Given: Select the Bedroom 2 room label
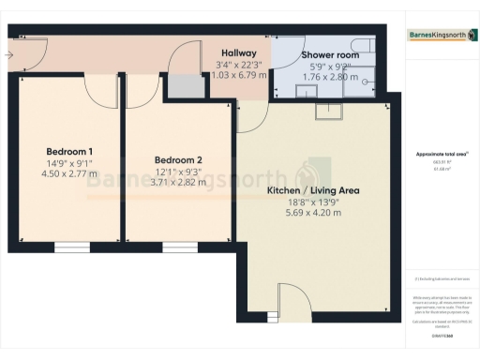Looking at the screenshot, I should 179,159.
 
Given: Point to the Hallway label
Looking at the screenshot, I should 239,53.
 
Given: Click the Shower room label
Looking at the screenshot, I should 329,55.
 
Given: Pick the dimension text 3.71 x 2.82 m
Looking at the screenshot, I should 179,183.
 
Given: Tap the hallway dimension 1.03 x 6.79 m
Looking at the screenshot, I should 239,74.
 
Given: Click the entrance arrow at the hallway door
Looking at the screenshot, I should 8,55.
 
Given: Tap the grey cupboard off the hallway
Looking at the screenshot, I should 185,86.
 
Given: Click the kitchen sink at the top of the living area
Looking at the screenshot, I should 329,113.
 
